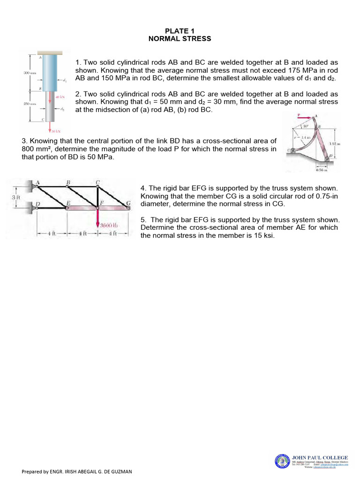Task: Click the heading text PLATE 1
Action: [x=180, y=31]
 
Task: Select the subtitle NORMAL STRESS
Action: [x=180, y=38]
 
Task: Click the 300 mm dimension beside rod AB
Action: [x=30, y=73]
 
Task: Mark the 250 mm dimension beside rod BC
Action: [x=30, y=104]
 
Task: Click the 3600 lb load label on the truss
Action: [x=109, y=225]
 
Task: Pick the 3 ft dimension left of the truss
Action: [x=15, y=197]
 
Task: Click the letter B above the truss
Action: [x=68, y=182]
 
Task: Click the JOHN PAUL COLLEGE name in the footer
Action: [x=320, y=457]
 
